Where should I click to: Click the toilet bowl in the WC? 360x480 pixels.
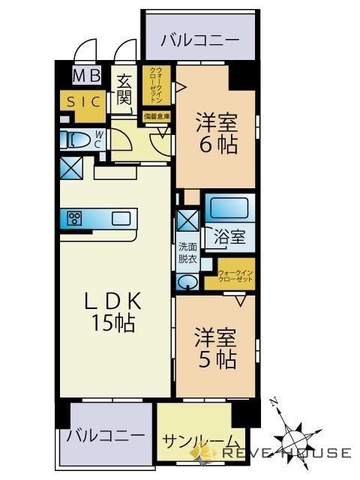pyautogui.click(x=76, y=139)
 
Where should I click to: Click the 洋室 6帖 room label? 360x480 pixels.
pyautogui.click(x=217, y=131)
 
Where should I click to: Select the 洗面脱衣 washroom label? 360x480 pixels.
pyautogui.click(x=187, y=253)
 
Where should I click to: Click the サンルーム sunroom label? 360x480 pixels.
pyautogui.click(x=200, y=441)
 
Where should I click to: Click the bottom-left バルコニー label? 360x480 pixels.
pyautogui.click(x=105, y=435)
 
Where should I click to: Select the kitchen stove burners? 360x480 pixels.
pyautogui.click(x=75, y=218)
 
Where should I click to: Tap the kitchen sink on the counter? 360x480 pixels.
pyautogui.click(x=121, y=218)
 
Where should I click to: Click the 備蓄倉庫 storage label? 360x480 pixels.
pyautogui.click(x=157, y=116)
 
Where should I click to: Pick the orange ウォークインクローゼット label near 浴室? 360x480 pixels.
pyautogui.click(x=235, y=275)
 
